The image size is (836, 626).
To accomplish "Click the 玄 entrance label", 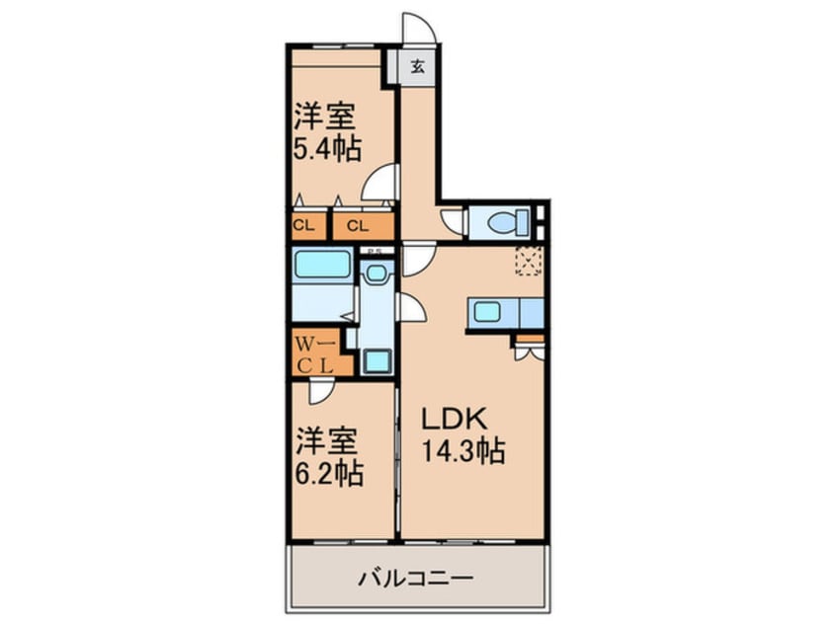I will (x=418, y=68).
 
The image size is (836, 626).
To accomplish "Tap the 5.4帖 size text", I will (x=326, y=149).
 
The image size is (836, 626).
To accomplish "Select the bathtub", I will (x=323, y=267).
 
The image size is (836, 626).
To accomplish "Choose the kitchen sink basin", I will (x=486, y=312).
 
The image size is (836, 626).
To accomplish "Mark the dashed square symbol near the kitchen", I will (x=529, y=261).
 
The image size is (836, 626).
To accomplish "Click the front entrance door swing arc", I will (x=416, y=27).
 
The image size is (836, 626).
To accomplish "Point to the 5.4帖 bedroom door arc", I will (x=380, y=184).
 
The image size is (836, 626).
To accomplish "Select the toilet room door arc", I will (x=452, y=223).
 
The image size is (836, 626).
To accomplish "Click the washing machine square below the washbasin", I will (x=376, y=360).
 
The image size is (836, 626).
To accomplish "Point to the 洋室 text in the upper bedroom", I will (x=324, y=117).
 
